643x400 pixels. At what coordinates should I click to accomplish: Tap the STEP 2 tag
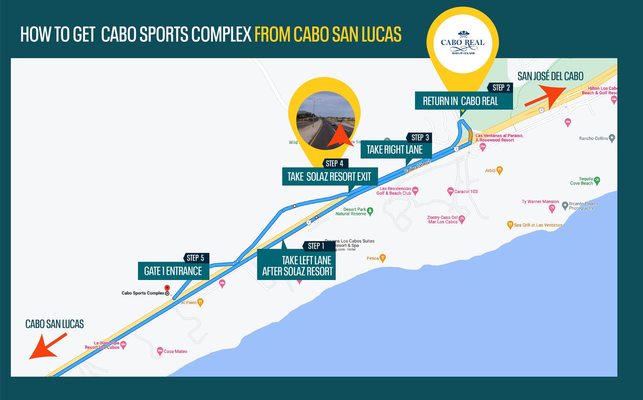[x=501, y=88]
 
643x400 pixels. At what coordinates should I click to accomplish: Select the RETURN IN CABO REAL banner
[x=461, y=101]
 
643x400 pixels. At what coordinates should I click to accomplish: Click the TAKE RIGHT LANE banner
[x=395, y=150]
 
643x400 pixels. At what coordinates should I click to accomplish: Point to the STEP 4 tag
[x=334, y=163]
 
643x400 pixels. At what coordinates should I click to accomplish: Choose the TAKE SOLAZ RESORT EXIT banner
[x=329, y=177]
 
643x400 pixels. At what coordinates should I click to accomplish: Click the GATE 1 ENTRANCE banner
[x=173, y=271]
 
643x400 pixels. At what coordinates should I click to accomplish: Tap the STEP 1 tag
[x=316, y=246]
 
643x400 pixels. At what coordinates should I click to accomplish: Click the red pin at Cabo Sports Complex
[x=167, y=288]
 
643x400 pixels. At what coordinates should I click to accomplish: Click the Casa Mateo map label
[x=175, y=351]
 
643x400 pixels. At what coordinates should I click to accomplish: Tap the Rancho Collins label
[x=593, y=138]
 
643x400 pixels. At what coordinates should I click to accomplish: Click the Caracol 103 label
[x=466, y=192]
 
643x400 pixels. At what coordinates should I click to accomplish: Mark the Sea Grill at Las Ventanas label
[x=538, y=225]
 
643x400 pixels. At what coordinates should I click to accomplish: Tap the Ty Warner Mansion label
[x=540, y=202]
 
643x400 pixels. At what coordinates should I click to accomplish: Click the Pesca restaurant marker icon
[x=383, y=258]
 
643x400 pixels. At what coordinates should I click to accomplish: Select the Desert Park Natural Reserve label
[x=351, y=212]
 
